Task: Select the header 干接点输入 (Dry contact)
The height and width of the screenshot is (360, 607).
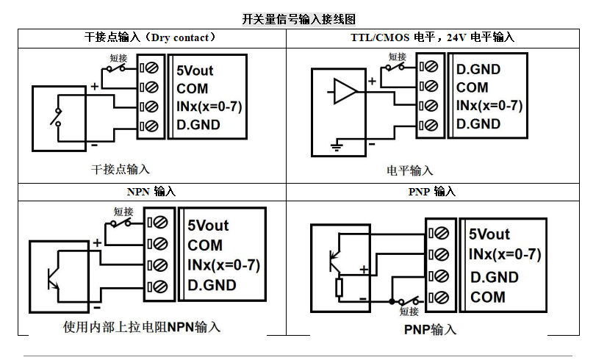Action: [x=151, y=37]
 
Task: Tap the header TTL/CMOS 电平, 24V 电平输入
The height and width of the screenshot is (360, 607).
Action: [x=432, y=37]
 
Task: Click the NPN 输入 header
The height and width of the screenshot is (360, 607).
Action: [x=151, y=192]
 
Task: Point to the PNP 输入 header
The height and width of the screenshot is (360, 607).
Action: [x=432, y=192]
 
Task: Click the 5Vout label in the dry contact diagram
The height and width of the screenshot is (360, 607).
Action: [x=195, y=71]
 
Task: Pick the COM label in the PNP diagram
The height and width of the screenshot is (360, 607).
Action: [x=488, y=298]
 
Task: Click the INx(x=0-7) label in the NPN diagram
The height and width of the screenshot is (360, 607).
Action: [x=224, y=264]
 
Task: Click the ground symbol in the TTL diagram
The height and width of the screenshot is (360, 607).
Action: [x=337, y=146]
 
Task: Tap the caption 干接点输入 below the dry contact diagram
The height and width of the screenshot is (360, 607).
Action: [x=121, y=169]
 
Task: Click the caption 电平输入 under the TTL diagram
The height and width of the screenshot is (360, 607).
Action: [x=410, y=170]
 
